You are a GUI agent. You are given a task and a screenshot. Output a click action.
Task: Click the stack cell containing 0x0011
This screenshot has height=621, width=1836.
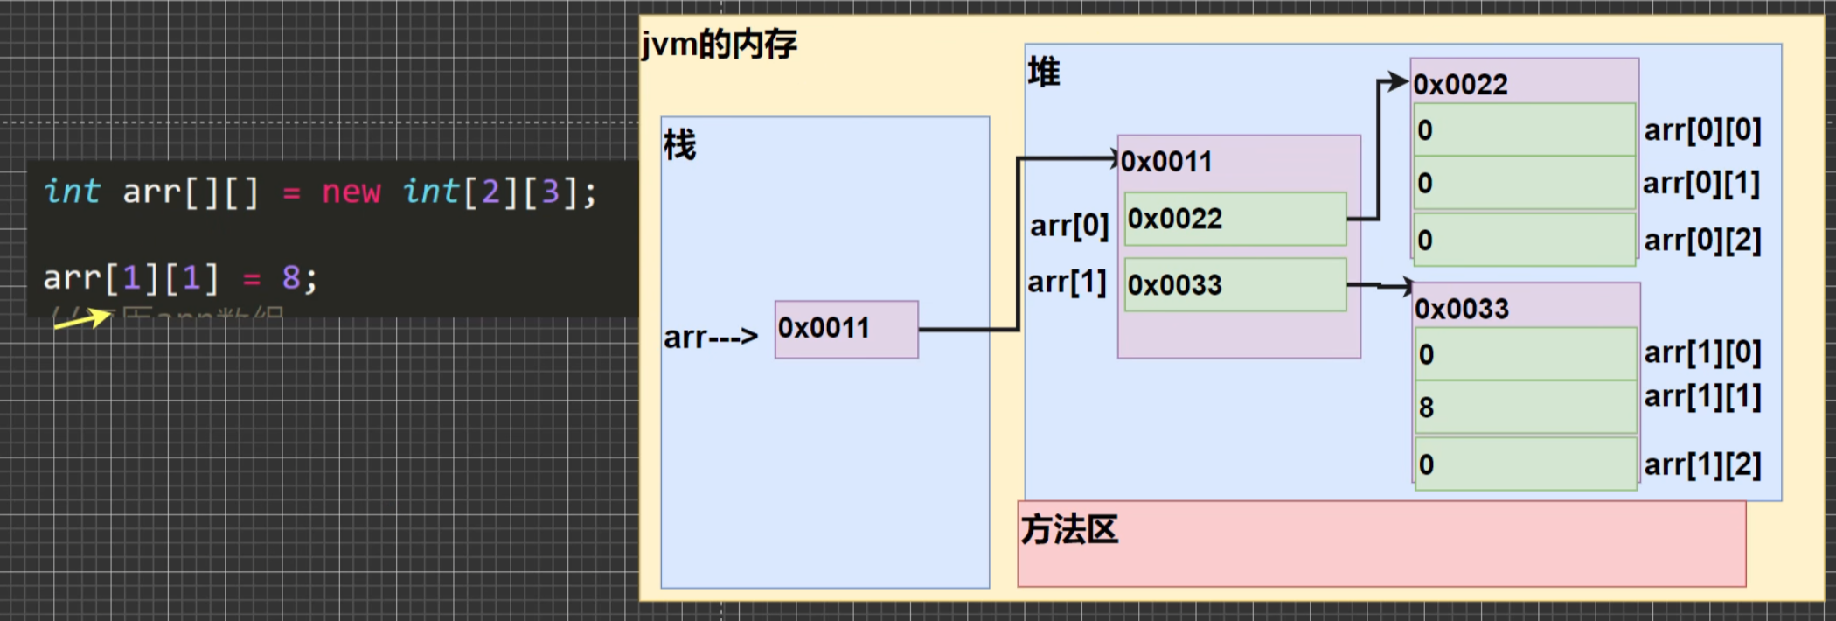845,329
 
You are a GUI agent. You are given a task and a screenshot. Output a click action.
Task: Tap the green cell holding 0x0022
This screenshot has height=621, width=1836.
1234,219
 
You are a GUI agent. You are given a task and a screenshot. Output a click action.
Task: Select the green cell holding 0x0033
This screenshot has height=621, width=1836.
1234,284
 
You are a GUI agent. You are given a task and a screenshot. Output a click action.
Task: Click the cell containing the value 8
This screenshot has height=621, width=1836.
1525,407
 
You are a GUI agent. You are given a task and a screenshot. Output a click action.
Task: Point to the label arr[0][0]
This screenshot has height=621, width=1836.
1702,130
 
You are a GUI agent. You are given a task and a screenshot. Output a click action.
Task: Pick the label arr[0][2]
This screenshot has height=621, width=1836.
1702,240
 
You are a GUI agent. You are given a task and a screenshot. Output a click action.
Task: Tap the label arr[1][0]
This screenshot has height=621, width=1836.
1702,352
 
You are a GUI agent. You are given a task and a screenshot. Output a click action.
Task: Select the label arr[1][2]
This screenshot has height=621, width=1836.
1702,464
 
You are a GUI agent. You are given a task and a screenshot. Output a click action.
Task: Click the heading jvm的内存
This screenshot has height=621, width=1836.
719,44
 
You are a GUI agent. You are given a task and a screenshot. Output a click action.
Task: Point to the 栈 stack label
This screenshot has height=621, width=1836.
679,145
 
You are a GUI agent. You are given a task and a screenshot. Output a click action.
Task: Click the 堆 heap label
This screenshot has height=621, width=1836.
1044,72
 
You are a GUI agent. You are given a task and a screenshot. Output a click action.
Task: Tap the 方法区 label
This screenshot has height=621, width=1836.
1069,529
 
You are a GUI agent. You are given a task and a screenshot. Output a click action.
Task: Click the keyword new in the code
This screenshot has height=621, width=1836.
351,192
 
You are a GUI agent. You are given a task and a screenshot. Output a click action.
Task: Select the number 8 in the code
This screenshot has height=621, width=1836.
290,278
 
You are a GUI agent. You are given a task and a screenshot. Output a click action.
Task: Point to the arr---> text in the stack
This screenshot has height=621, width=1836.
710,337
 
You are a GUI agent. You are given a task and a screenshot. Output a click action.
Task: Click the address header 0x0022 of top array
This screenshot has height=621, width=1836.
1460,84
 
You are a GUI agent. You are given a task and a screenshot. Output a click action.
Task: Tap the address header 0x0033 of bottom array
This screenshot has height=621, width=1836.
1462,309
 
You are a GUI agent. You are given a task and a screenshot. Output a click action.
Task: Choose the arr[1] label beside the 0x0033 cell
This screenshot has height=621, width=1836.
1067,283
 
